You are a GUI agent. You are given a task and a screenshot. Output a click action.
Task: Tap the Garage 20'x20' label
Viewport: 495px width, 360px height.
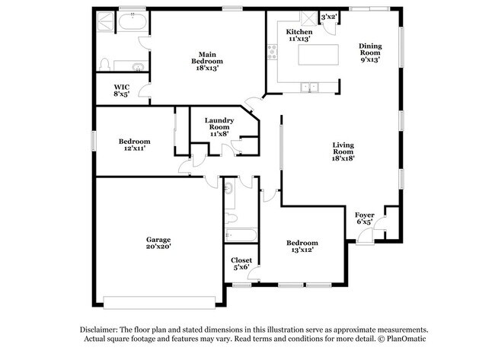158,243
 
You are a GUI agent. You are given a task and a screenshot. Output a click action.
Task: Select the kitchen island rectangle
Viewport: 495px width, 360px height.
318,55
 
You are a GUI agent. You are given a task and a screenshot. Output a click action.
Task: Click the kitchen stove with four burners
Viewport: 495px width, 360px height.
272,52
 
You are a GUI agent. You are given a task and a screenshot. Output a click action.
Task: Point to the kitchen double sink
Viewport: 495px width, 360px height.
310,87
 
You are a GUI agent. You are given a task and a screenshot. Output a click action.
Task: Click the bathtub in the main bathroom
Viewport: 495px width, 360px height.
133,22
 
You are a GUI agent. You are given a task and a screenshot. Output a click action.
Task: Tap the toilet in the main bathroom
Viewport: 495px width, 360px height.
104,65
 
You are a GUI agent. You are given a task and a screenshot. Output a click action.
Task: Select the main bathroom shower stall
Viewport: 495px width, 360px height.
105,21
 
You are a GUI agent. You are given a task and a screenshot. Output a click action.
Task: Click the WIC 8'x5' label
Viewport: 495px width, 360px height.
122,91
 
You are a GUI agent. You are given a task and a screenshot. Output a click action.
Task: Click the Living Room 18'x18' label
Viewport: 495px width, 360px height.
343,151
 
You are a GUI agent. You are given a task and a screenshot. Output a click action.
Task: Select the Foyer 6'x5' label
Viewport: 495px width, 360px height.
365,218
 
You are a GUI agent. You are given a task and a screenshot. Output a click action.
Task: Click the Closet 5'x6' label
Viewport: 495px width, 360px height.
241,263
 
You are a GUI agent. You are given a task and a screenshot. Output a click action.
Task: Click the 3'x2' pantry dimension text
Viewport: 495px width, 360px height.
329,17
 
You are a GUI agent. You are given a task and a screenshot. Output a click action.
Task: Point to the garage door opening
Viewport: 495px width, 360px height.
159,303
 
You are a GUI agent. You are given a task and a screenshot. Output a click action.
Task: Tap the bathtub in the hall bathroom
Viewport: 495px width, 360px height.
241,235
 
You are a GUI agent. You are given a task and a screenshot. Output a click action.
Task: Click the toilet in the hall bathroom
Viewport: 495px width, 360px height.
231,218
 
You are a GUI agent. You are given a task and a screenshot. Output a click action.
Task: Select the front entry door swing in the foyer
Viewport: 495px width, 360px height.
366,236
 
